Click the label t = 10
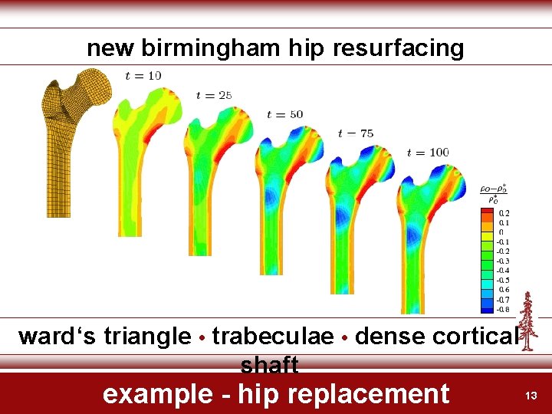[143, 75]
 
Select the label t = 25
[214, 95]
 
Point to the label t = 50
[284, 114]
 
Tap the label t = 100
[428, 152]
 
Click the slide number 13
[531, 396]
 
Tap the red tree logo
[527, 322]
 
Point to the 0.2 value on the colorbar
[504, 213]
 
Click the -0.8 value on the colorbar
[502, 309]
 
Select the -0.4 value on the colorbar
[502, 270]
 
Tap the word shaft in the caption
[269, 364]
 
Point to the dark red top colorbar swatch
[487, 212]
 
